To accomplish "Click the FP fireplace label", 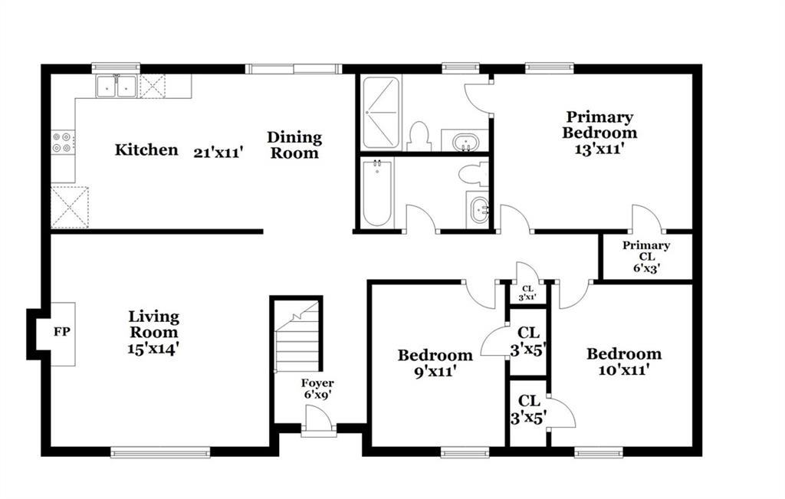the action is (x=62, y=331).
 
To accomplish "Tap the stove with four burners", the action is (x=63, y=142).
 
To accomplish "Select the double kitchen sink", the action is (x=117, y=86).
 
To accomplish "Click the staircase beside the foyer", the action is (x=297, y=336).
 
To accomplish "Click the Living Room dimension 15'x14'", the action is (x=153, y=348).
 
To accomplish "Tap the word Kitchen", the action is (x=146, y=149).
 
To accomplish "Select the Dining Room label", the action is (x=294, y=145).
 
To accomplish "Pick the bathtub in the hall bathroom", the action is (x=377, y=192).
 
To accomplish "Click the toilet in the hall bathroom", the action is (x=473, y=174).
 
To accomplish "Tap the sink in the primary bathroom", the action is (x=465, y=141).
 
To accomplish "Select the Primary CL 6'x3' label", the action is (x=646, y=256).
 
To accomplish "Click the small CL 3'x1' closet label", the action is (x=527, y=293).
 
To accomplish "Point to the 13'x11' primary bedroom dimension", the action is (x=599, y=149).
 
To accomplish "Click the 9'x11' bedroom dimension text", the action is (x=435, y=372).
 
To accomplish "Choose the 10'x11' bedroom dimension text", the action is (x=624, y=370).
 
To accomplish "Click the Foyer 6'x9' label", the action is (x=317, y=389).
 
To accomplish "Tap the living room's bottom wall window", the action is (x=160, y=452).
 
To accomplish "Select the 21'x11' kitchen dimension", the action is (x=218, y=152).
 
